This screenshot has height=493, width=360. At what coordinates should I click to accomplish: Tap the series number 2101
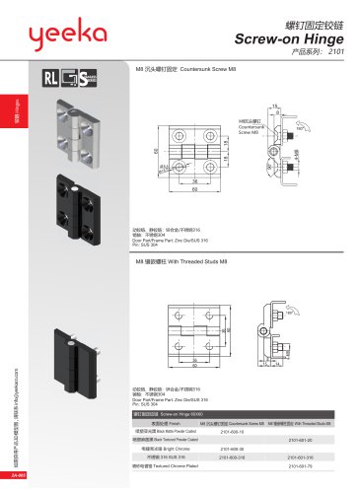click(333, 54)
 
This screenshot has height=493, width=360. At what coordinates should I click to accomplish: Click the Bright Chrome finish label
click(163, 448)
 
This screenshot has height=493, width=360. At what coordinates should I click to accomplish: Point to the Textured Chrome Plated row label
click(163, 465)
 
